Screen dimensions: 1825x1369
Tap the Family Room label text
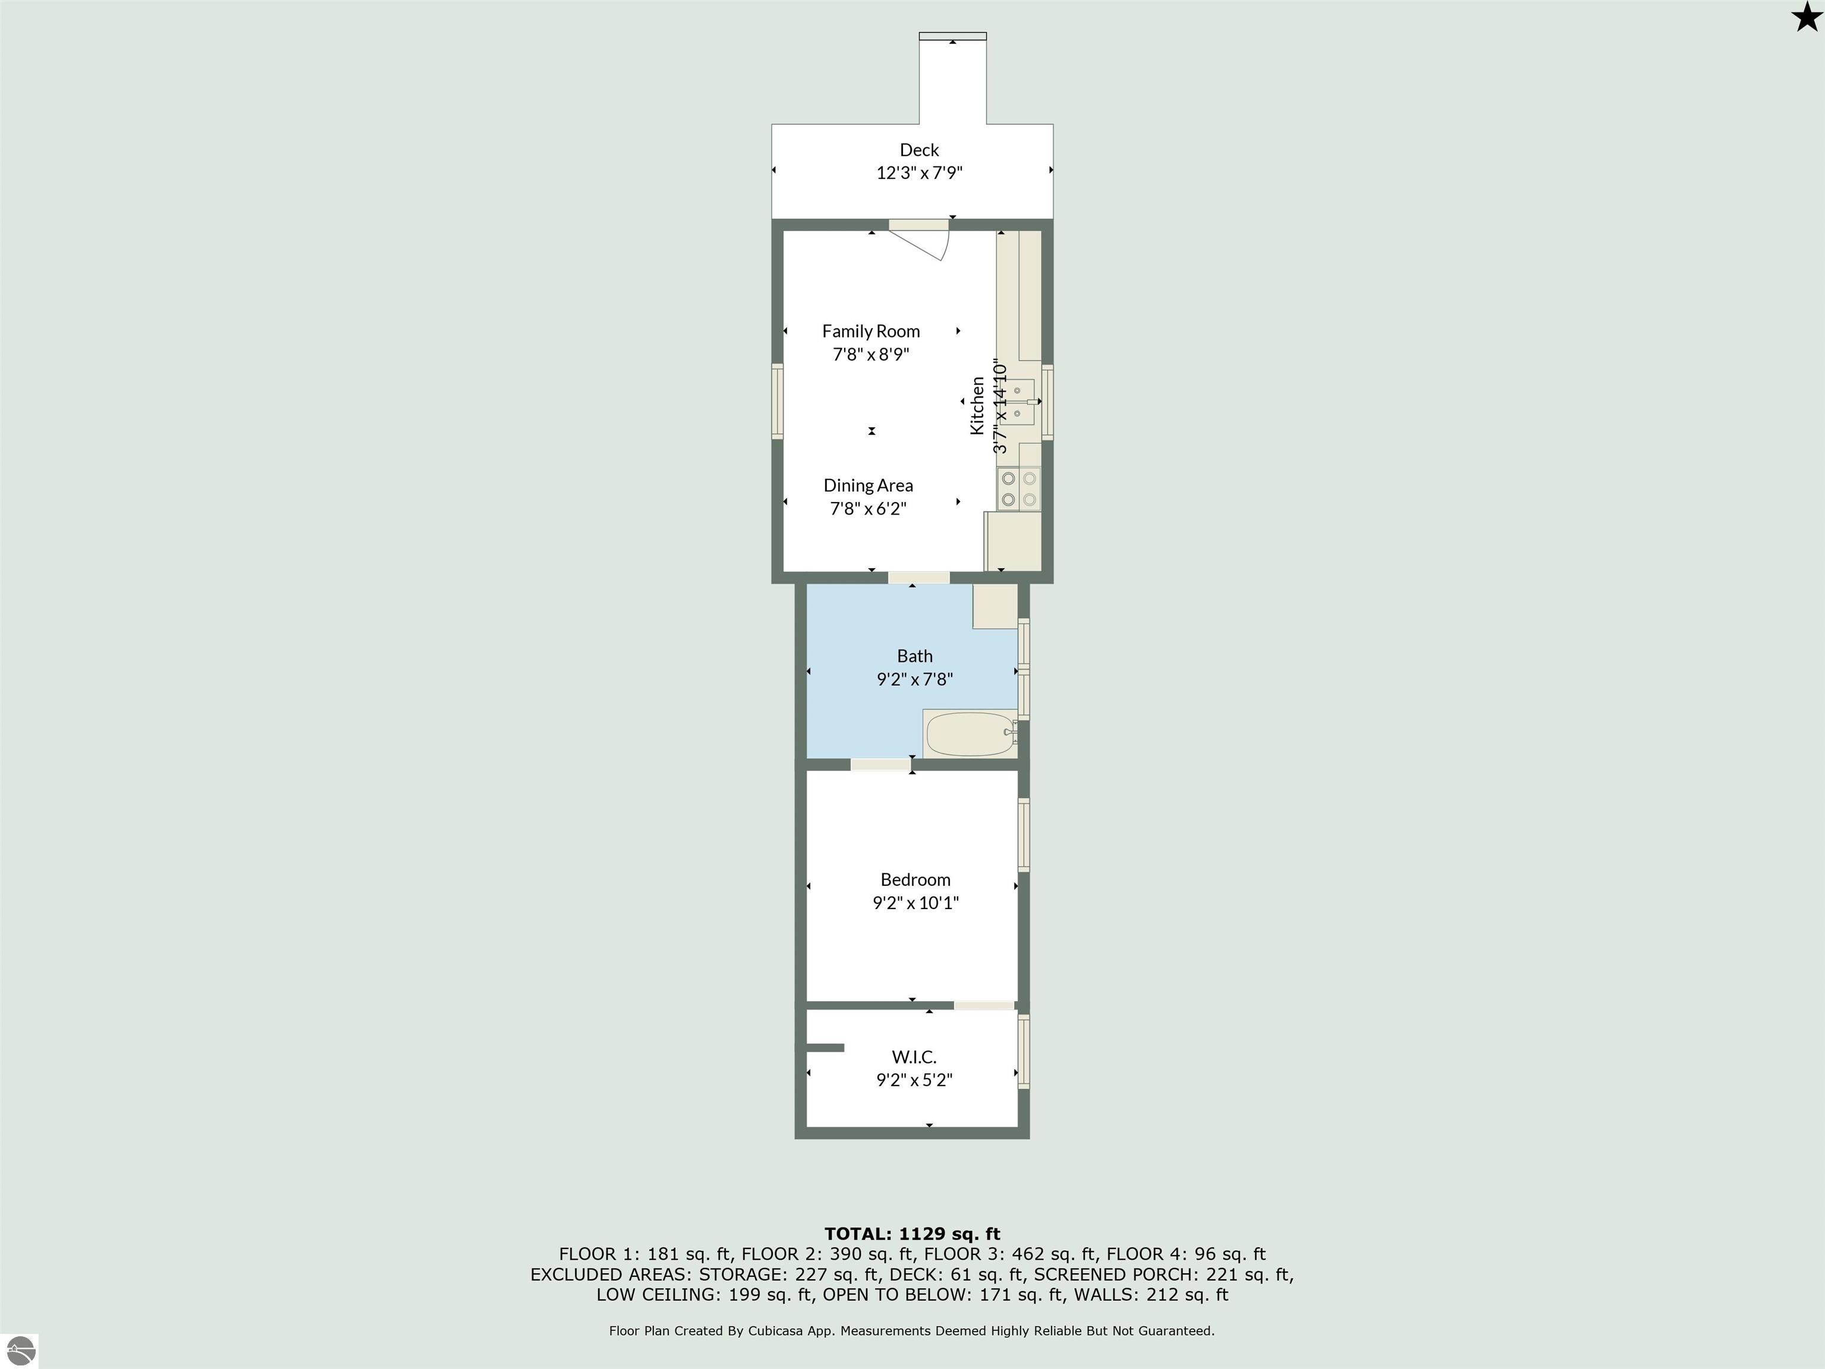point(870,332)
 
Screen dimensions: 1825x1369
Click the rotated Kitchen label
point(977,405)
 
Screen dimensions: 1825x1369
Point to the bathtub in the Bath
point(970,734)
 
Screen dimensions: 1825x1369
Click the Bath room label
point(915,657)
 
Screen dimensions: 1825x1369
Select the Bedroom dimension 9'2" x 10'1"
point(916,903)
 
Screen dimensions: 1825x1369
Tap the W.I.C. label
point(914,1057)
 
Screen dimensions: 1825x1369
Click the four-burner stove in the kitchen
point(1019,488)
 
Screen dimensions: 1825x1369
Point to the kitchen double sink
point(1021,402)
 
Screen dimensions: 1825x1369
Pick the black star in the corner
point(1807,17)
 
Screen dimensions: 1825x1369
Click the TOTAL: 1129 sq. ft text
point(912,1234)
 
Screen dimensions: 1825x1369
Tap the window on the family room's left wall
point(777,402)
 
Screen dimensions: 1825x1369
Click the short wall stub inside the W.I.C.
point(825,1048)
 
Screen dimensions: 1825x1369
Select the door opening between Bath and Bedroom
point(880,765)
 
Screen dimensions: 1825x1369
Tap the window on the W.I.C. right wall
point(1024,1052)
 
